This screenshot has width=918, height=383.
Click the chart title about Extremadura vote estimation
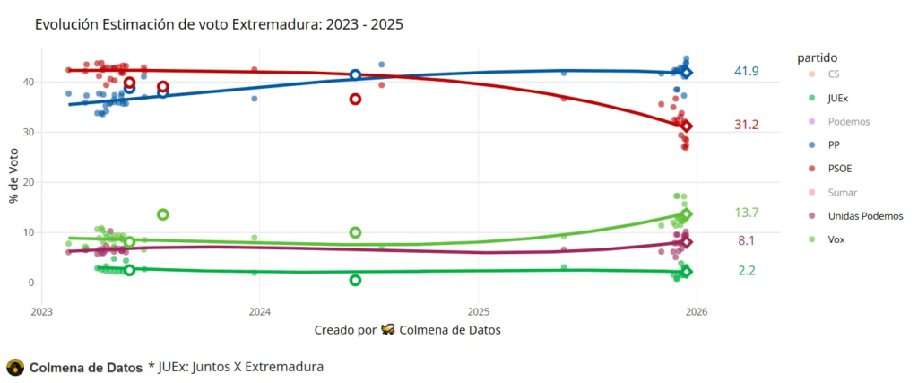[x=219, y=24]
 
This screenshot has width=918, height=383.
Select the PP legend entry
[x=833, y=144]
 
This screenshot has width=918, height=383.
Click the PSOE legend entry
[x=839, y=168]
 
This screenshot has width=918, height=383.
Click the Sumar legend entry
[x=841, y=192]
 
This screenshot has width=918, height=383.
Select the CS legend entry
[x=833, y=73]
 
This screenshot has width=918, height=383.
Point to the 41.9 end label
[x=746, y=71]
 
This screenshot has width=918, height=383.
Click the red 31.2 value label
[x=746, y=126]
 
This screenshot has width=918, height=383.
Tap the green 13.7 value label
[x=746, y=213]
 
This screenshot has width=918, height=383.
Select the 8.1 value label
[x=746, y=241]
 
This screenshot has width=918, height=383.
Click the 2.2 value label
[x=746, y=271]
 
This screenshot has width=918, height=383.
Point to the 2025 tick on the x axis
[x=478, y=312]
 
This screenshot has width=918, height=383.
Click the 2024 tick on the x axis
[x=259, y=312]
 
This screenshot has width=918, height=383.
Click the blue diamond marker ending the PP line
[x=686, y=72]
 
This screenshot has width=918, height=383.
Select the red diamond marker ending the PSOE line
[x=686, y=126]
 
